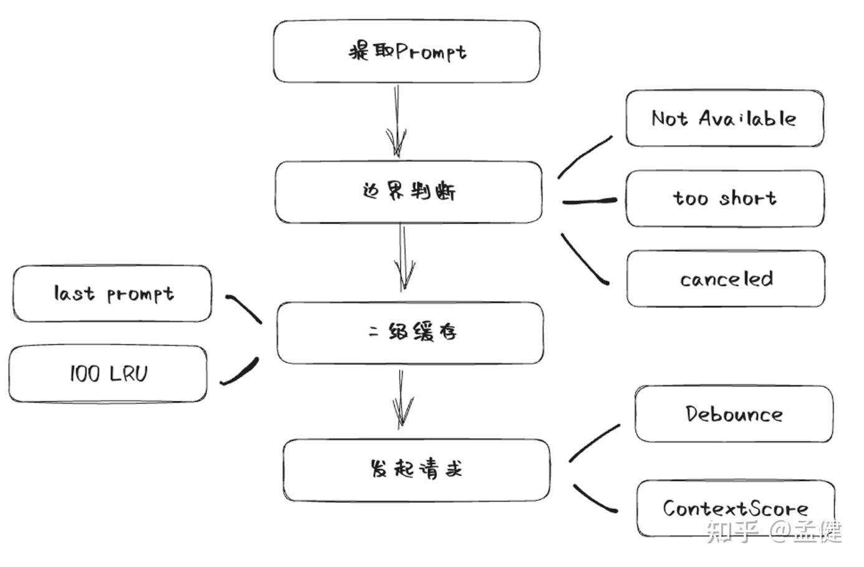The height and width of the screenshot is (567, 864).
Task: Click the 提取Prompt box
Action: tap(406, 52)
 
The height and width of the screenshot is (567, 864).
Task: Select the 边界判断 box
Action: tap(409, 192)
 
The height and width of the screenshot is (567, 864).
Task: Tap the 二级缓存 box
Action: tap(410, 333)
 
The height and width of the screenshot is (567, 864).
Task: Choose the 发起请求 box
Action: tap(416, 470)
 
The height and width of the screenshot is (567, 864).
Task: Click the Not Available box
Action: tap(724, 118)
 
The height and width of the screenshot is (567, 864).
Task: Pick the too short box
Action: tap(725, 199)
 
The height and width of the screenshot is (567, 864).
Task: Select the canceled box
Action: tap(726, 279)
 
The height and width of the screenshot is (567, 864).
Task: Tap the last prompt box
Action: tap(112, 293)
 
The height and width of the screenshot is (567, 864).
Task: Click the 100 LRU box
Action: tap(108, 374)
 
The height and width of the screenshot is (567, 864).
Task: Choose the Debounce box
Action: tap(734, 414)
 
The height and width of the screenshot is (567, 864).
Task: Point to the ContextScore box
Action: tap(736, 508)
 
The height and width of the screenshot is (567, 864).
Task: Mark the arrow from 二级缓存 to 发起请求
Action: tap(402, 399)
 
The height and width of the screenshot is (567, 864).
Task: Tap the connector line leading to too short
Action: tap(589, 201)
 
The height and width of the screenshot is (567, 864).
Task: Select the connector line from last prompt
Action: tap(244, 308)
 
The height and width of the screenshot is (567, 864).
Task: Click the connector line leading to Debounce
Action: tap(594, 442)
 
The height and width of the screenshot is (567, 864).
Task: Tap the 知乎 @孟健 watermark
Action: tap(774, 531)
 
